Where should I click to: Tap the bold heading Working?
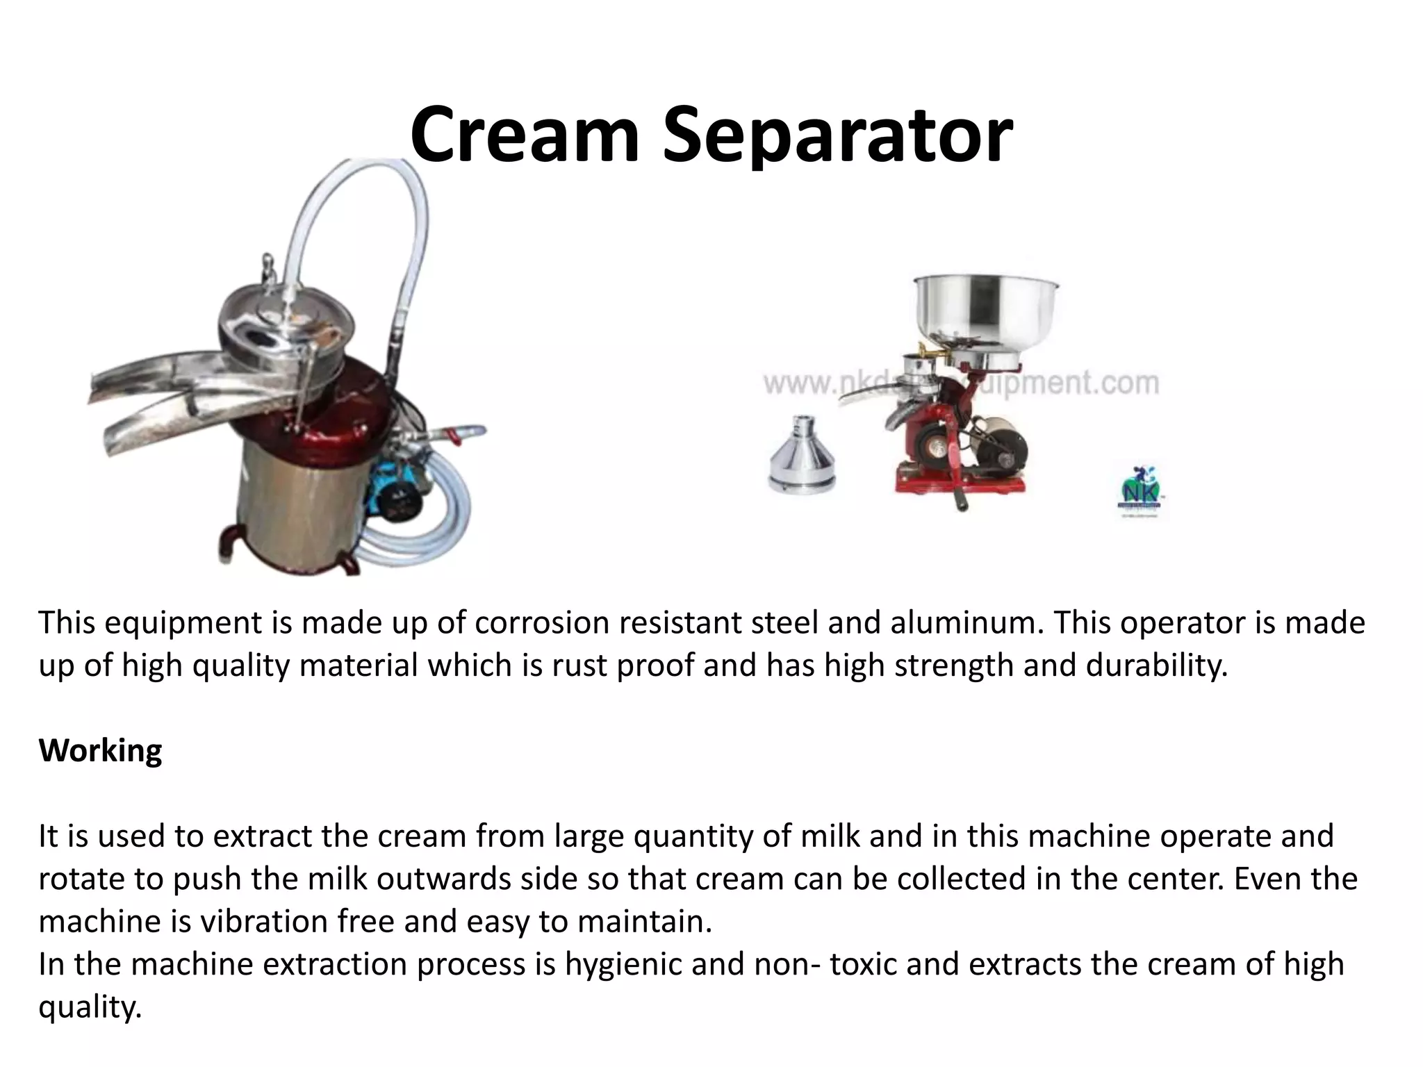tap(100, 751)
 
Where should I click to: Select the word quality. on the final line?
tap(90, 1007)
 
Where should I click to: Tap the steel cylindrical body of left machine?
tap(292, 507)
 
